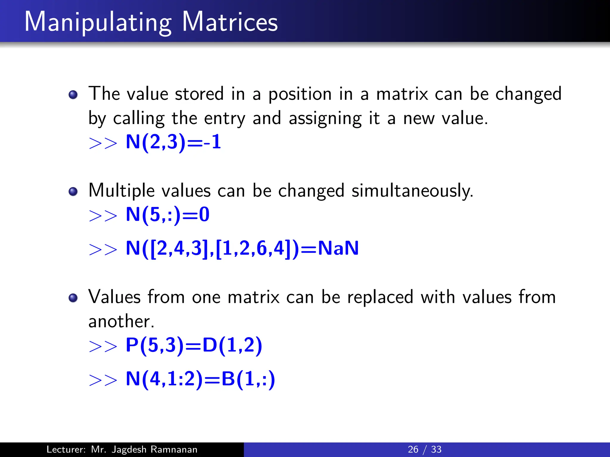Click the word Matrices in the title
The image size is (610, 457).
pyautogui.click(x=230, y=22)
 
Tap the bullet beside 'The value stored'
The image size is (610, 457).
pyautogui.click(x=73, y=95)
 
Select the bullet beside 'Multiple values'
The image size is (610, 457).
pyautogui.click(x=73, y=191)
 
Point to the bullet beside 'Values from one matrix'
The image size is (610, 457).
pyautogui.click(x=73, y=298)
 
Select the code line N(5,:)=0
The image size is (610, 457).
pyautogui.click(x=167, y=215)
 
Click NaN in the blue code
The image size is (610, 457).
pyautogui.click(x=338, y=248)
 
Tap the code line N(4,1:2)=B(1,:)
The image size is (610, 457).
pyautogui.click(x=200, y=379)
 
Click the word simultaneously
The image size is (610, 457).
pyautogui.click(x=412, y=191)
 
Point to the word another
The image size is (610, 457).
pyautogui.click(x=121, y=322)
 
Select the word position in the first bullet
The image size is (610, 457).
pyautogui.click(x=300, y=94)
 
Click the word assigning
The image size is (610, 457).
pyautogui.click(x=325, y=119)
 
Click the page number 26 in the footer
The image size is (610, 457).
pyautogui.click(x=413, y=449)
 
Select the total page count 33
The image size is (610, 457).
pyautogui.click(x=436, y=449)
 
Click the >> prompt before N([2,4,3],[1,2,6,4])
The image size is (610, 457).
pyautogui.click(x=103, y=249)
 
